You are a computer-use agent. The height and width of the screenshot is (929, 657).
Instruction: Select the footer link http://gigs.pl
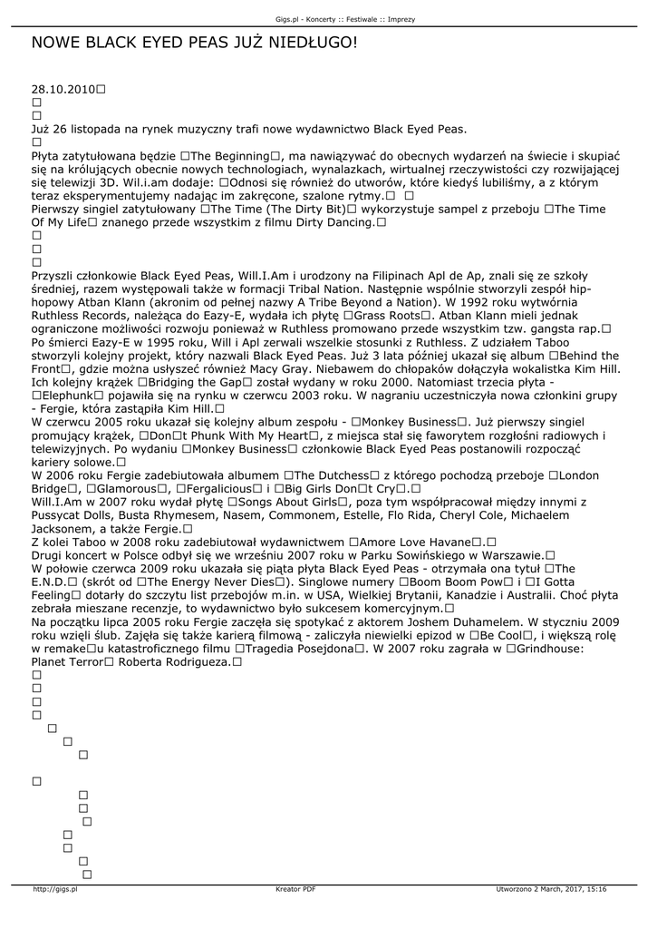tap(55, 889)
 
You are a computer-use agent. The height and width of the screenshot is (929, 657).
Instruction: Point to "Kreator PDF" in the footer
tap(295, 889)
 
